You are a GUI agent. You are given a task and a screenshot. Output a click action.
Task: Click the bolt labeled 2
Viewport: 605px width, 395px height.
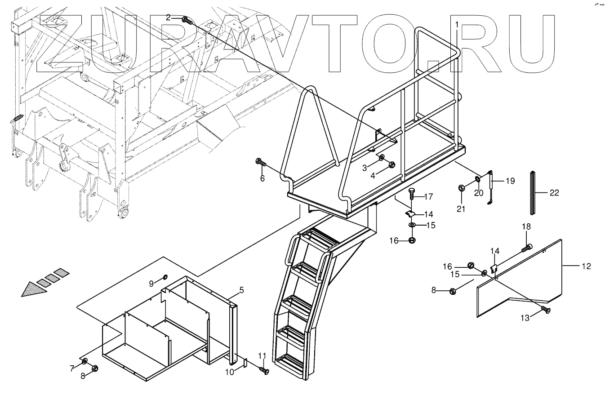[187, 20]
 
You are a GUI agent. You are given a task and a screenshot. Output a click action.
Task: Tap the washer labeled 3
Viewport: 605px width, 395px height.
[381, 157]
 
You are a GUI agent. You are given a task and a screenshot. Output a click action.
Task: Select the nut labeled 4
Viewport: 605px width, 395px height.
[391, 164]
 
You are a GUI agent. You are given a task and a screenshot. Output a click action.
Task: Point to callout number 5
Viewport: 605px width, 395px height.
[241, 290]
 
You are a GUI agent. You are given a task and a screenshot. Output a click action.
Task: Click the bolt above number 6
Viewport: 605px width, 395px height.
[260, 162]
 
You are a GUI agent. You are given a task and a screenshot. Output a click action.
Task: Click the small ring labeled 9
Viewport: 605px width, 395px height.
[165, 277]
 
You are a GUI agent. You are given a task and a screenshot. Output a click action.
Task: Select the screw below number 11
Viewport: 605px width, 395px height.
[264, 370]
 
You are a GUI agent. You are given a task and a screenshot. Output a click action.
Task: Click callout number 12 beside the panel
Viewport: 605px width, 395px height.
[586, 266]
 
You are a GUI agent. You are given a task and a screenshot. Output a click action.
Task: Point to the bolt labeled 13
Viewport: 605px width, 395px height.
[546, 310]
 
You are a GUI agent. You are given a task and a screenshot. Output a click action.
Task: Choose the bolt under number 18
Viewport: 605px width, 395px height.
[526, 246]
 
